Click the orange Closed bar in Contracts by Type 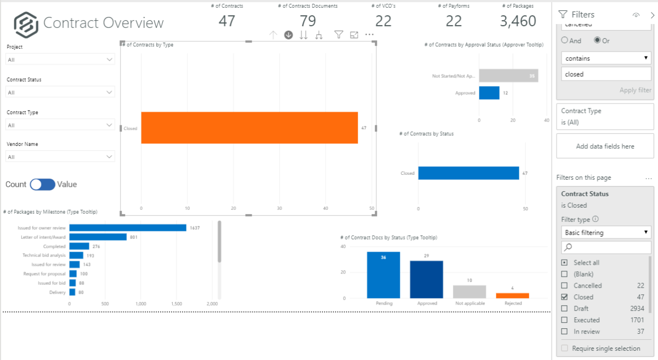coord(249,128)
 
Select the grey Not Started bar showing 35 coord(508,76)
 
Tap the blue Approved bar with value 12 coord(489,93)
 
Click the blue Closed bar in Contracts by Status coord(468,173)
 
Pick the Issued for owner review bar coord(128,227)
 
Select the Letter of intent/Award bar coord(98,237)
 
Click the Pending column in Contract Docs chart coord(383,275)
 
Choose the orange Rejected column coord(512,295)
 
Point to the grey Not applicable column coord(469,292)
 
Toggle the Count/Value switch coord(43,185)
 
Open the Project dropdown coord(60,60)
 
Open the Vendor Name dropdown coord(60,157)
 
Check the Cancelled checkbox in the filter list coord(564,285)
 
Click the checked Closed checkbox coord(564,297)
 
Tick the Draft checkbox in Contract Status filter coord(564,308)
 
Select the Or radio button coord(597,41)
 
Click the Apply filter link coord(635,90)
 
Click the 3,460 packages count coord(518,21)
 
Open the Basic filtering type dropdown coord(606,232)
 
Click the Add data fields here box coord(605,146)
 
